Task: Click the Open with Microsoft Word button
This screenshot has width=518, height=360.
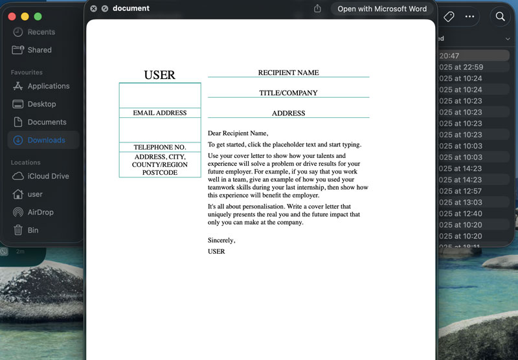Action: click(x=382, y=9)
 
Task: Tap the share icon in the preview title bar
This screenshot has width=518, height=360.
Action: click(x=317, y=9)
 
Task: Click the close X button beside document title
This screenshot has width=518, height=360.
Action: click(x=93, y=9)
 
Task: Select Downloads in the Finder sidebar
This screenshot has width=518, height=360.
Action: click(x=46, y=140)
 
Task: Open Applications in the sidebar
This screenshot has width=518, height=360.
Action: click(x=48, y=86)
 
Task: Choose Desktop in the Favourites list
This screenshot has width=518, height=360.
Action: click(x=41, y=104)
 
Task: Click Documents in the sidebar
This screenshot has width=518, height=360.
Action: click(x=47, y=122)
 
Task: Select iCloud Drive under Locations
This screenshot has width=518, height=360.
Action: click(x=48, y=176)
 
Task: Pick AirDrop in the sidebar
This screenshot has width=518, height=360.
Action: click(x=40, y=212)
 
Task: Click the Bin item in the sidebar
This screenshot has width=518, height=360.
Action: click(x=32, y=231)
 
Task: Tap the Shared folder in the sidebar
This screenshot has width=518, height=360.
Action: click(x=39, y=50)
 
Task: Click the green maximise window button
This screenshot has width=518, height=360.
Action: click(x=38, y=16)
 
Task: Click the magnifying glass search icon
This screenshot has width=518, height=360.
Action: click(x=500, y=17)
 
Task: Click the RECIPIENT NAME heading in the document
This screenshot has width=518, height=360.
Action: click(x=288, y=73)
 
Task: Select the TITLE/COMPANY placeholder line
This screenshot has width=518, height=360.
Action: click(x=288, y=93)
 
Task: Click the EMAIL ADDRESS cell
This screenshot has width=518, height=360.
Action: click(x=159, y=113)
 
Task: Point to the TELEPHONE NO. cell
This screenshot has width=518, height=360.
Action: click(x=159, y=148)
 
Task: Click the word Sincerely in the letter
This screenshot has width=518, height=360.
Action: click(x=221, y=241)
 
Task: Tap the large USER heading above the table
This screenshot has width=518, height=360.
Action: click(x=159, y=75)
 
